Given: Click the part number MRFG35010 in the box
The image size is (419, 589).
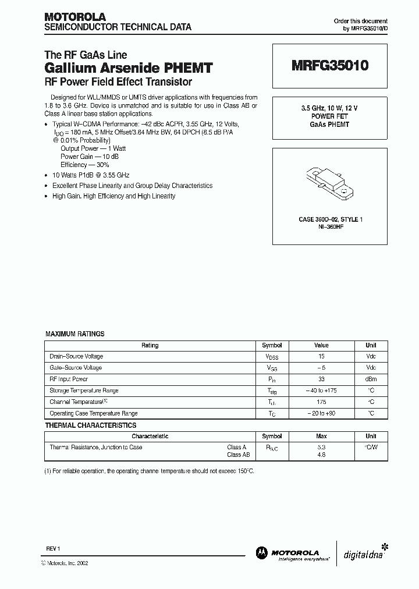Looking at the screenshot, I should point(329,66).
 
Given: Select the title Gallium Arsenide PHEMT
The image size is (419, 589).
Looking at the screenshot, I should point(129,68).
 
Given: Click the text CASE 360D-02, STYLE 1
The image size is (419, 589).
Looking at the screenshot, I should point(330,219).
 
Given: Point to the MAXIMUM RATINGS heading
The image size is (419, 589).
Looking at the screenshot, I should point(75,334).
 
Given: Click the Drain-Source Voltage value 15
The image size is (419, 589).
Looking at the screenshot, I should point(321,356).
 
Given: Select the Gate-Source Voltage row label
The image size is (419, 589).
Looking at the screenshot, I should point(76,368).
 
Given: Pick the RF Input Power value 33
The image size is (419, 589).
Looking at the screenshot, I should point(321,379).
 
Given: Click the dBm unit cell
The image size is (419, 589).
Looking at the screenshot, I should point(371,379).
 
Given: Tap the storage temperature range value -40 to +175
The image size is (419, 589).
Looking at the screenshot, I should point(321,391).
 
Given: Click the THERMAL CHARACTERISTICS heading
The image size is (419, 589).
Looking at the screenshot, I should point(91,425).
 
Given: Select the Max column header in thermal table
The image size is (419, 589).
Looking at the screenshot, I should point(321,436).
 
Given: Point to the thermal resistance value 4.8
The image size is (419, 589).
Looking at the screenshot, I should point(321,455).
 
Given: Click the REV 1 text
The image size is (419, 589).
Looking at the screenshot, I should point(53,549).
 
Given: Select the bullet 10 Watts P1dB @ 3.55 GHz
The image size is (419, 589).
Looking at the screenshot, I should point(91,175).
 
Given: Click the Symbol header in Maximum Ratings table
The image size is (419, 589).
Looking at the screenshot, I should point(272,345).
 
